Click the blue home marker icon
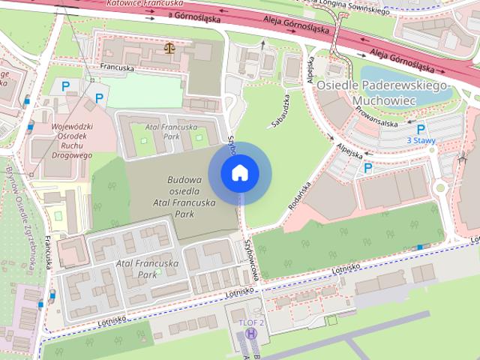239,173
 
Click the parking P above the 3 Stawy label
421,128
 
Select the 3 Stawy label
420,140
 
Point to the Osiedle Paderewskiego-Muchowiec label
382,91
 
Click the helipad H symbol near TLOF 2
250,333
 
